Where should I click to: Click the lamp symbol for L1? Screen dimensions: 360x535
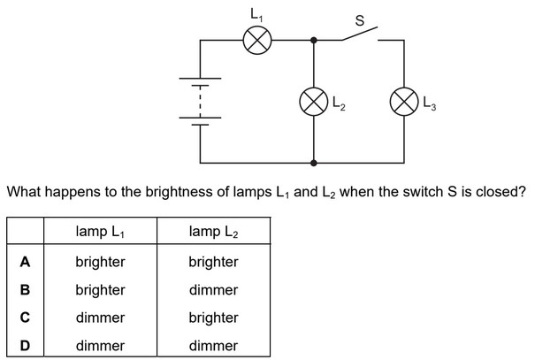[x=257, y=40]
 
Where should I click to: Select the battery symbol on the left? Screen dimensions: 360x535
[x=201, y=103]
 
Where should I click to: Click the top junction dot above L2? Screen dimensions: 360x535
[x=315, y=40]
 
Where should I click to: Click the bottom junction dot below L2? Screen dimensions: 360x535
[x=315, y=164]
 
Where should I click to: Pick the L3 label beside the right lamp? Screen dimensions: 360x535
[x=430, y=105]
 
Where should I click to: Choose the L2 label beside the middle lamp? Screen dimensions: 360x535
[x=339, y=105]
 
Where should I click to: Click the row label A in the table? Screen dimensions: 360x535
[x=26, y=262]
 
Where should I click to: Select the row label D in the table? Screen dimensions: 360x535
[x=26, y=345]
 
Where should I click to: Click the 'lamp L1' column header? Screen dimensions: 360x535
[x=101, y=233]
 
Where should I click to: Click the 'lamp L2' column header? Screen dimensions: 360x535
[x=214, y=233]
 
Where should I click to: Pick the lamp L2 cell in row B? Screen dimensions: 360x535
[x=213, y=289]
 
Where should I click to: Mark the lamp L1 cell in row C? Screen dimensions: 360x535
[x=100, y=318]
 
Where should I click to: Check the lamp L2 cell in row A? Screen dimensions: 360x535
[x=213, y=262]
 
